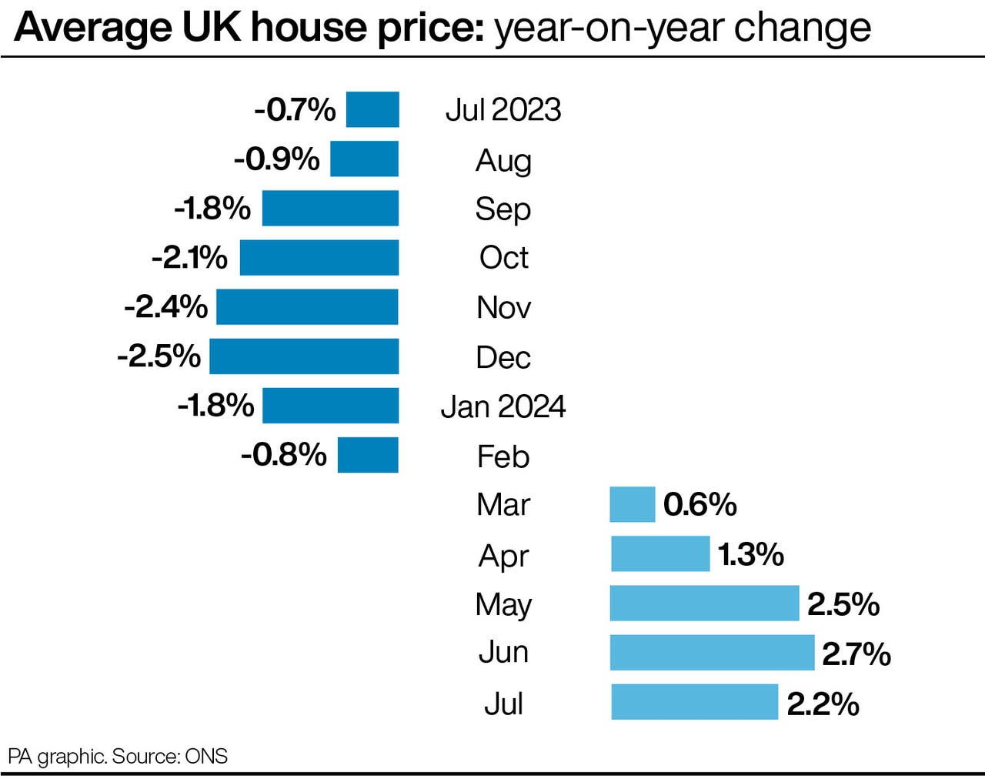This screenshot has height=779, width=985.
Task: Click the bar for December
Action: click(304, 356)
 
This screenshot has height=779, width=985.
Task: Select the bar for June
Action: click(712, 653)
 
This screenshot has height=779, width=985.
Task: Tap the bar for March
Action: click(632, 504)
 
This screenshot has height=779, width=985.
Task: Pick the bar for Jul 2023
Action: click(372, 109)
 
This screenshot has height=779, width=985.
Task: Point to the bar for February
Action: click(368, 455)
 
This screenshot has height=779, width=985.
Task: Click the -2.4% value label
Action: click(166, 307)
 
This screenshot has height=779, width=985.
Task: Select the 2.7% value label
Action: click(856, 654)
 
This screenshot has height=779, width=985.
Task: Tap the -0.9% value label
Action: click(276, 159)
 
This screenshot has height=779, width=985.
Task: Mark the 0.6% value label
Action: click(700, 505)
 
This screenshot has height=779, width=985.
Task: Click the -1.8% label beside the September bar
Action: click(212, 209)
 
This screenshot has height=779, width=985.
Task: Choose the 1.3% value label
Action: click(750, 554)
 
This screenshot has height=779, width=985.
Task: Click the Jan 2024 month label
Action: click(503, 406)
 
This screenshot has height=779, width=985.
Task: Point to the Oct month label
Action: click(503, 258)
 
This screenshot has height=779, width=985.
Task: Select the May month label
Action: click(503, 605)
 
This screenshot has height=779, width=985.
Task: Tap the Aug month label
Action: click(503, 161)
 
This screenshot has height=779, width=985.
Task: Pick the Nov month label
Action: click(503, 308)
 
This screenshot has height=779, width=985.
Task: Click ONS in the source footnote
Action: click(206, 756)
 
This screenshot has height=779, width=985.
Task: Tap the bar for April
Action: click(660, 554)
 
